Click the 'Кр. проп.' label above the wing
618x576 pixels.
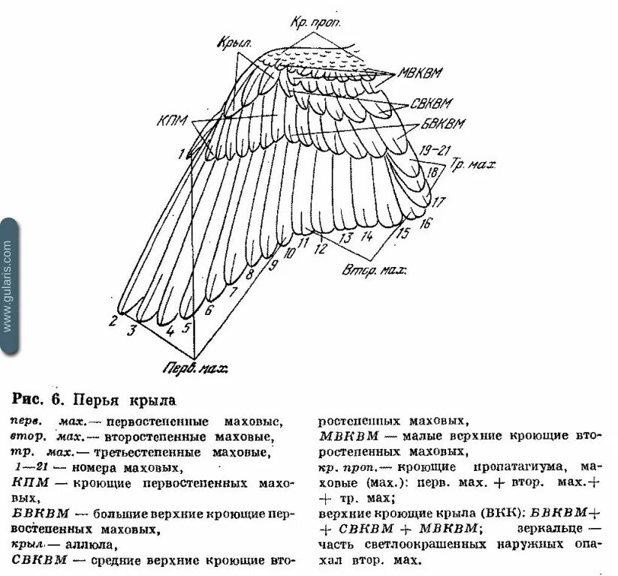[316, 22]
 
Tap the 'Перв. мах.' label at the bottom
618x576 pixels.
[196, 368]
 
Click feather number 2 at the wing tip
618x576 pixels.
[113, 322]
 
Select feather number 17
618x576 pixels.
[439, 201]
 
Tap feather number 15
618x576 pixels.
[403, 233]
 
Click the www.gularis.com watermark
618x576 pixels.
[8, 285]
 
